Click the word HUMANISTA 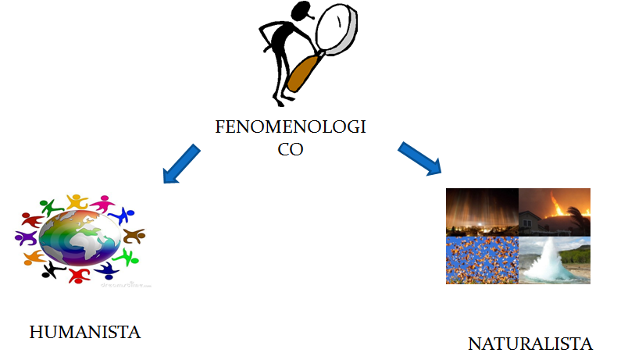tap(84, 332)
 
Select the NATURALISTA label tap(530, 344)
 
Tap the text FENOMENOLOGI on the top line tap(291, 127)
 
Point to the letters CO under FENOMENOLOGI tap(290, 148)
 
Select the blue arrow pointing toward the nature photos tap(420, 158)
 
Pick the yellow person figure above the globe tap(76, 201)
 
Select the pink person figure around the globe tap(102, 205)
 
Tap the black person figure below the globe tap(53, 270)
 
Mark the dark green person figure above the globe tap(49, 207)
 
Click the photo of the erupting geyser tap(554, 259)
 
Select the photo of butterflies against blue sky tap(482, 259)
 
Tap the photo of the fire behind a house tap(554, 212)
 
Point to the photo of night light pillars tap(482, 212)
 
